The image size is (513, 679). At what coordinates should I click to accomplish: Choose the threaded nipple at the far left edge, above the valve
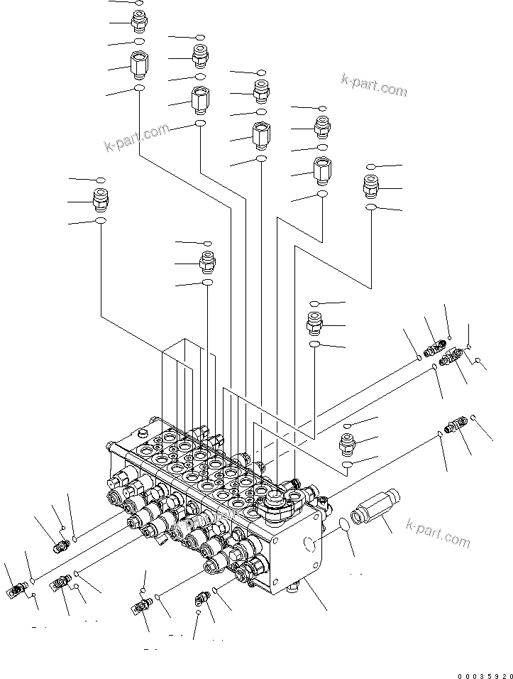point(101,200)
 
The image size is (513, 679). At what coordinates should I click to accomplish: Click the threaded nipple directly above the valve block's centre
point(207,263)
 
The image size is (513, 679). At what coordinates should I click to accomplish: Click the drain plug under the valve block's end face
point(292,588)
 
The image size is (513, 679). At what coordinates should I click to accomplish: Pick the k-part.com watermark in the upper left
point(137,138)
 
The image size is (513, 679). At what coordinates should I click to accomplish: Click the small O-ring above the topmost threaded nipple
point(139,3)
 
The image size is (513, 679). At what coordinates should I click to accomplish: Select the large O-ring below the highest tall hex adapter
point(139,89)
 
